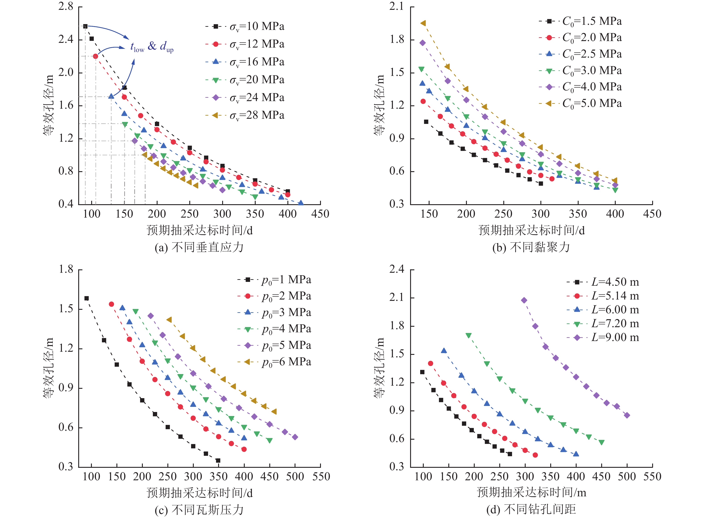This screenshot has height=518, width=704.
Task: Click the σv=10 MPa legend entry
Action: point(245,27)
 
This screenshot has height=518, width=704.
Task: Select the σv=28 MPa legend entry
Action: point(245,116)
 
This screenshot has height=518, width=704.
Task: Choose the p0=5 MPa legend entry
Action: point(274,345)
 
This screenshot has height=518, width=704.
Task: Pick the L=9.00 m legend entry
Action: point(603,337)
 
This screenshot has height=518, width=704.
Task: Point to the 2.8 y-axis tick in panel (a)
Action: point(66,6)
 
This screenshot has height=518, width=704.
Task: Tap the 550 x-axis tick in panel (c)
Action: point(321,477)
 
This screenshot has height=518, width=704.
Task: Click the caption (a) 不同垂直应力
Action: point(199,248)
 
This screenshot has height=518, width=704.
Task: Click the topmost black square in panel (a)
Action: point(85,26)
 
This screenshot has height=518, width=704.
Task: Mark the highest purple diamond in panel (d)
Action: point(524,300)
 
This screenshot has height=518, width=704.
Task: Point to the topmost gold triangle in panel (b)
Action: point(423,23)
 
